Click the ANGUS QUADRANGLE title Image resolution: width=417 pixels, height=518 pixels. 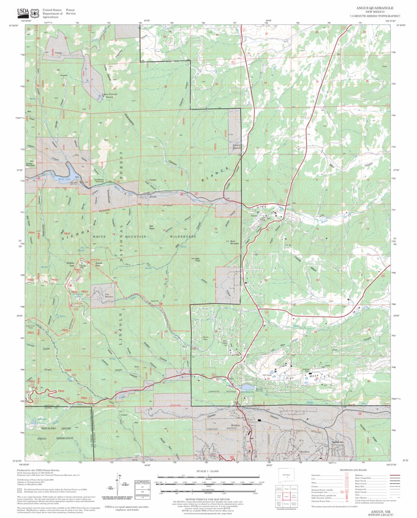374,8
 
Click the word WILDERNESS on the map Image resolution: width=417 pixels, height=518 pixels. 182,237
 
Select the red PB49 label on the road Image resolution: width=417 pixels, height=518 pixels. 61,391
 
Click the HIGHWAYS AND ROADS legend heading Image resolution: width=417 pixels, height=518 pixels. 352,471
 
